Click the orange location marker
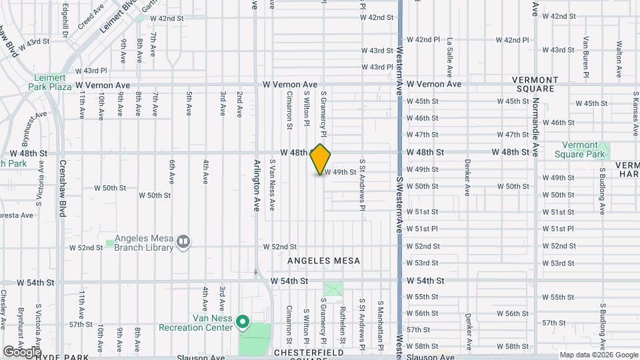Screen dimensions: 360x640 point(321,159)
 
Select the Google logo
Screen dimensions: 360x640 point(21,351)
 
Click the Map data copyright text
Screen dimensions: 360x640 point(598,355)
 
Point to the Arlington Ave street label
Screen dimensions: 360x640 point(257,185)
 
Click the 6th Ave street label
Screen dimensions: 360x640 point(171,171)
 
